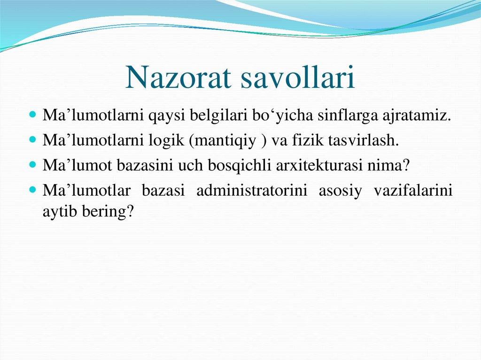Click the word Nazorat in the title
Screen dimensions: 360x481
[x=179, y=78]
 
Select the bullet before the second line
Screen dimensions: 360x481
[x=33, y=140]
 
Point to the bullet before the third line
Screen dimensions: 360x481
[x=33, y=165]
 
